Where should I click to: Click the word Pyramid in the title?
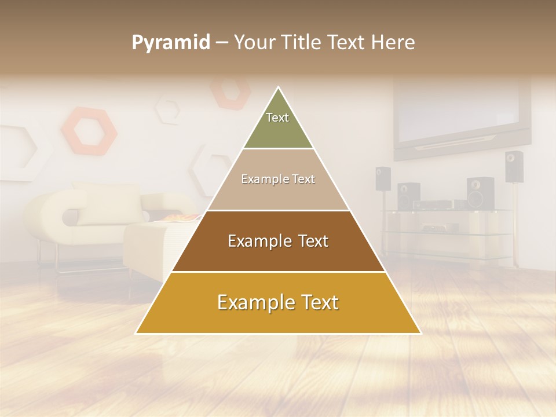point(170,43)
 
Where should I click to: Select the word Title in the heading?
point(301,43)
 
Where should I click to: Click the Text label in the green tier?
point(277,118)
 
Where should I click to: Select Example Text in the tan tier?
point(278,180)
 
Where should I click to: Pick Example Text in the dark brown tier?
point(278,241)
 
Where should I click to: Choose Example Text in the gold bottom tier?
point(278,303)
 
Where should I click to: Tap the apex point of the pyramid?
point(279,87)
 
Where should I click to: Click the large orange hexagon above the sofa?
point(89,130)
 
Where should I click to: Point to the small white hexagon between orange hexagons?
point(169,111)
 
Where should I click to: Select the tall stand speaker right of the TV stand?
point(513,167)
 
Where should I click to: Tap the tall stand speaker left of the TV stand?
point(383,179)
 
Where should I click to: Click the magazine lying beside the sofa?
point(177,218)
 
